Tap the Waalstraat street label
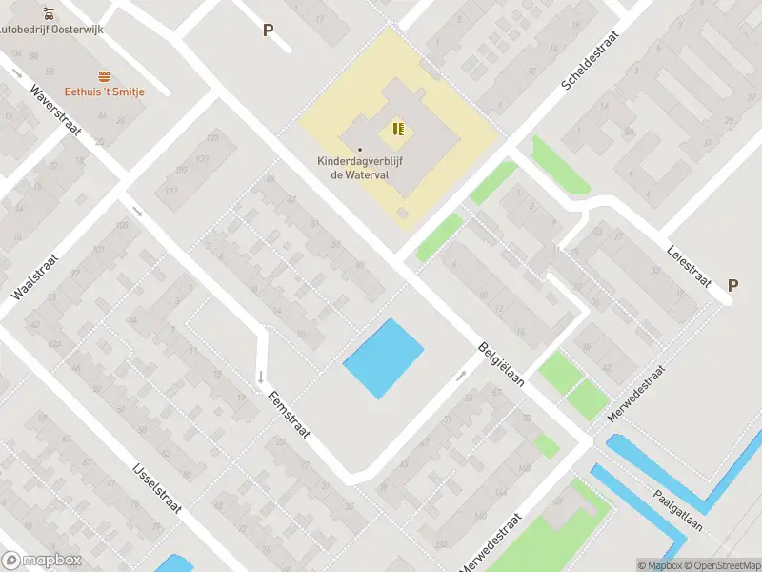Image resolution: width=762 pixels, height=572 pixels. (33, 276)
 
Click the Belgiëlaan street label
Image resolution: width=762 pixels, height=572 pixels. (502, 369)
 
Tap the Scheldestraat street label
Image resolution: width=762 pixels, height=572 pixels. (591, 59)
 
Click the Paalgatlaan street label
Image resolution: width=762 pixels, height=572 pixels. (677, 511)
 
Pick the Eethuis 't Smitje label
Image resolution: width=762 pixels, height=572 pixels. (105, 92)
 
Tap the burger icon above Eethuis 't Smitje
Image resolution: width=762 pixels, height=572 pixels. (104, 76)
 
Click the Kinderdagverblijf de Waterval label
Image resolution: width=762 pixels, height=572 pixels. (360, 168)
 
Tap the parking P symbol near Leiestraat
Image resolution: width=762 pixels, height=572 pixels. (732, 285)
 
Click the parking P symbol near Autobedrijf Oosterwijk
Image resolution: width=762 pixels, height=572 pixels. (268, 30)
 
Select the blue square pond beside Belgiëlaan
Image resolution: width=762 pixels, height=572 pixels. (383, 357)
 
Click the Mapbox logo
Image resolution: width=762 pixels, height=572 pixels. (40, 561)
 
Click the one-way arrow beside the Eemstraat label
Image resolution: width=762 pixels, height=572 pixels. (260, 377)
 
